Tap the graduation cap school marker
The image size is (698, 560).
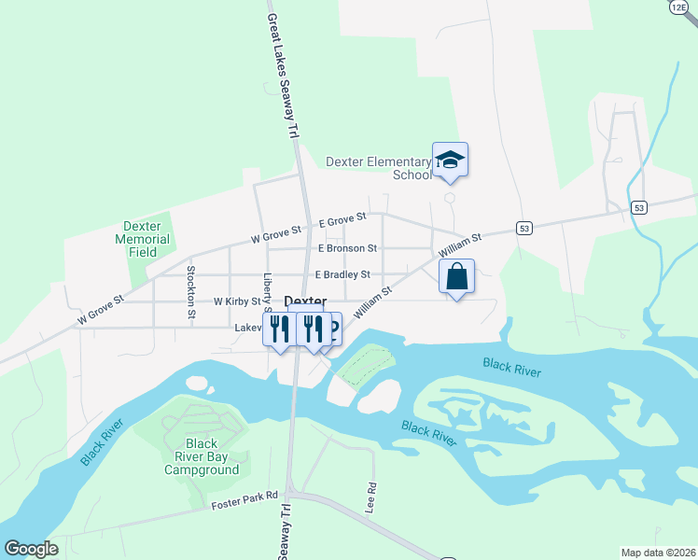(450, 160)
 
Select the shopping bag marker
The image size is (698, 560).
(456, 277)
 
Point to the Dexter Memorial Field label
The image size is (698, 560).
(143, 239)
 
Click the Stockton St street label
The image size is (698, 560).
(190, 291)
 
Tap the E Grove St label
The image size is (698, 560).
(342, 221)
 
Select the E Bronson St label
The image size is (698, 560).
(347, 248)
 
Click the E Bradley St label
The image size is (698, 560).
(342, 274)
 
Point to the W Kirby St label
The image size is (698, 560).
(237, 301)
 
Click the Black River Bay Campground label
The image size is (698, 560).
(202, 456)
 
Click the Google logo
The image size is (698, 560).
(31, 548)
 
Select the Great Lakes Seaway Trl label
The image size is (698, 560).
(285, 75)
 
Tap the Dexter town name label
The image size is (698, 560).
(305, 301)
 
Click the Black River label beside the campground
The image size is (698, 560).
(102, 441)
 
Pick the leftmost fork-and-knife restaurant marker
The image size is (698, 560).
(276, 329)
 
